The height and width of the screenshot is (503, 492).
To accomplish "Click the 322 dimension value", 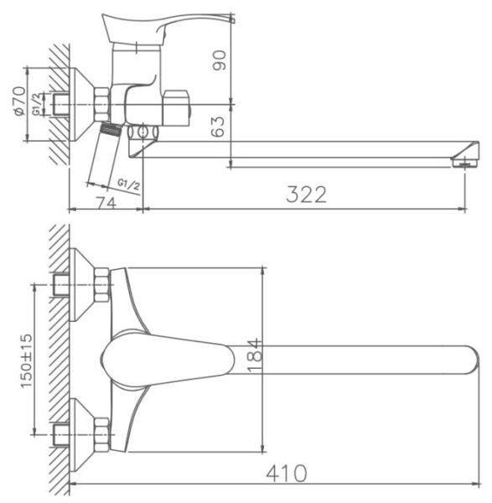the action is [x=306, y=194].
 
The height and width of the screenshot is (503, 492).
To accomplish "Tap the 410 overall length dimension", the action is [x=286, y=473].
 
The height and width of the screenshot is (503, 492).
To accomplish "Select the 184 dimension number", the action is [x=255, y=355].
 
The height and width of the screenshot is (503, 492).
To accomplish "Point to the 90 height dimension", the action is [x=219, y=60].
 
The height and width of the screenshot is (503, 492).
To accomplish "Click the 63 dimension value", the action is [x=219, y=127].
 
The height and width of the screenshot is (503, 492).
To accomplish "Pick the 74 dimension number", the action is [x=106, y=203].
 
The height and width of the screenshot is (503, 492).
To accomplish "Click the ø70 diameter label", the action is [x=19, y=101].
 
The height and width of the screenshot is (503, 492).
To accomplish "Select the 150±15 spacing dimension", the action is [x=27, y=360].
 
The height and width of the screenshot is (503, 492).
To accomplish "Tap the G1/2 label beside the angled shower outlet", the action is [x=128, y=184].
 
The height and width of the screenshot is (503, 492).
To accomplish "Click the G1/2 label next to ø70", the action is [x=37, y=104].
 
